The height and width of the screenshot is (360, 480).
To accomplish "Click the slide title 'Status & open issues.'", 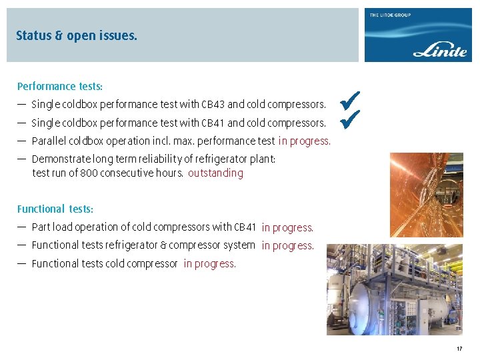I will point(77,35).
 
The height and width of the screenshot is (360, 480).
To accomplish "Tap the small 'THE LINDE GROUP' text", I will point(391,15).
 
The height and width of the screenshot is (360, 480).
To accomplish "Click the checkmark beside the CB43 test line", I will point(349,101).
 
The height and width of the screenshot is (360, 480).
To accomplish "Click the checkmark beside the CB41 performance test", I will point(349,120).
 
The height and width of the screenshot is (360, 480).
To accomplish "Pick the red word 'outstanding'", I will point(215,173).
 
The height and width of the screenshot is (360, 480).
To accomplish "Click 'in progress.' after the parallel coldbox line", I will point(304,141).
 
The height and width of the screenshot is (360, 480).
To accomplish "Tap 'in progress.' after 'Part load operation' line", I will point(287,227).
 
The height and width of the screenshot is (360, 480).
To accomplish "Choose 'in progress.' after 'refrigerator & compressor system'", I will point(287,245).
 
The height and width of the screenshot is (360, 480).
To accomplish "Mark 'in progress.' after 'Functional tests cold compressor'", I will point(209,263).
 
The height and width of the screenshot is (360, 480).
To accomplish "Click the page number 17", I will point(459,349).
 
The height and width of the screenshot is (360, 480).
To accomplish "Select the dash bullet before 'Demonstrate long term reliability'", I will point(22,159).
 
